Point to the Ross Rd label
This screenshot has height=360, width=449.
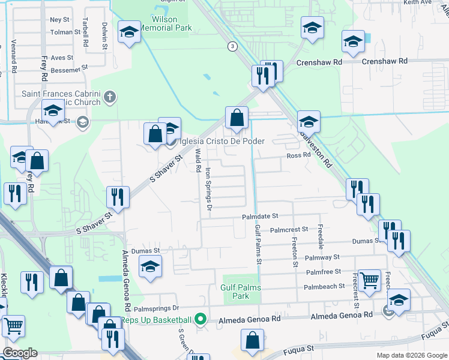pos(298,155)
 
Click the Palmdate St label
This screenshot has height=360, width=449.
pos(261,216)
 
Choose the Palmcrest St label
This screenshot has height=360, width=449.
pos(289,229)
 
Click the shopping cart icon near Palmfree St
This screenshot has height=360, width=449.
pos(369,279)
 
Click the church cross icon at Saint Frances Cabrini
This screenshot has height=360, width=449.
pos(109,96)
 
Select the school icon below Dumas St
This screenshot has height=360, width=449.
pos(150,266)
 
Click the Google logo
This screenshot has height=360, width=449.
pos(20,353)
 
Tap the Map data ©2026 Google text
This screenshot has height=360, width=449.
pos(411,355)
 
